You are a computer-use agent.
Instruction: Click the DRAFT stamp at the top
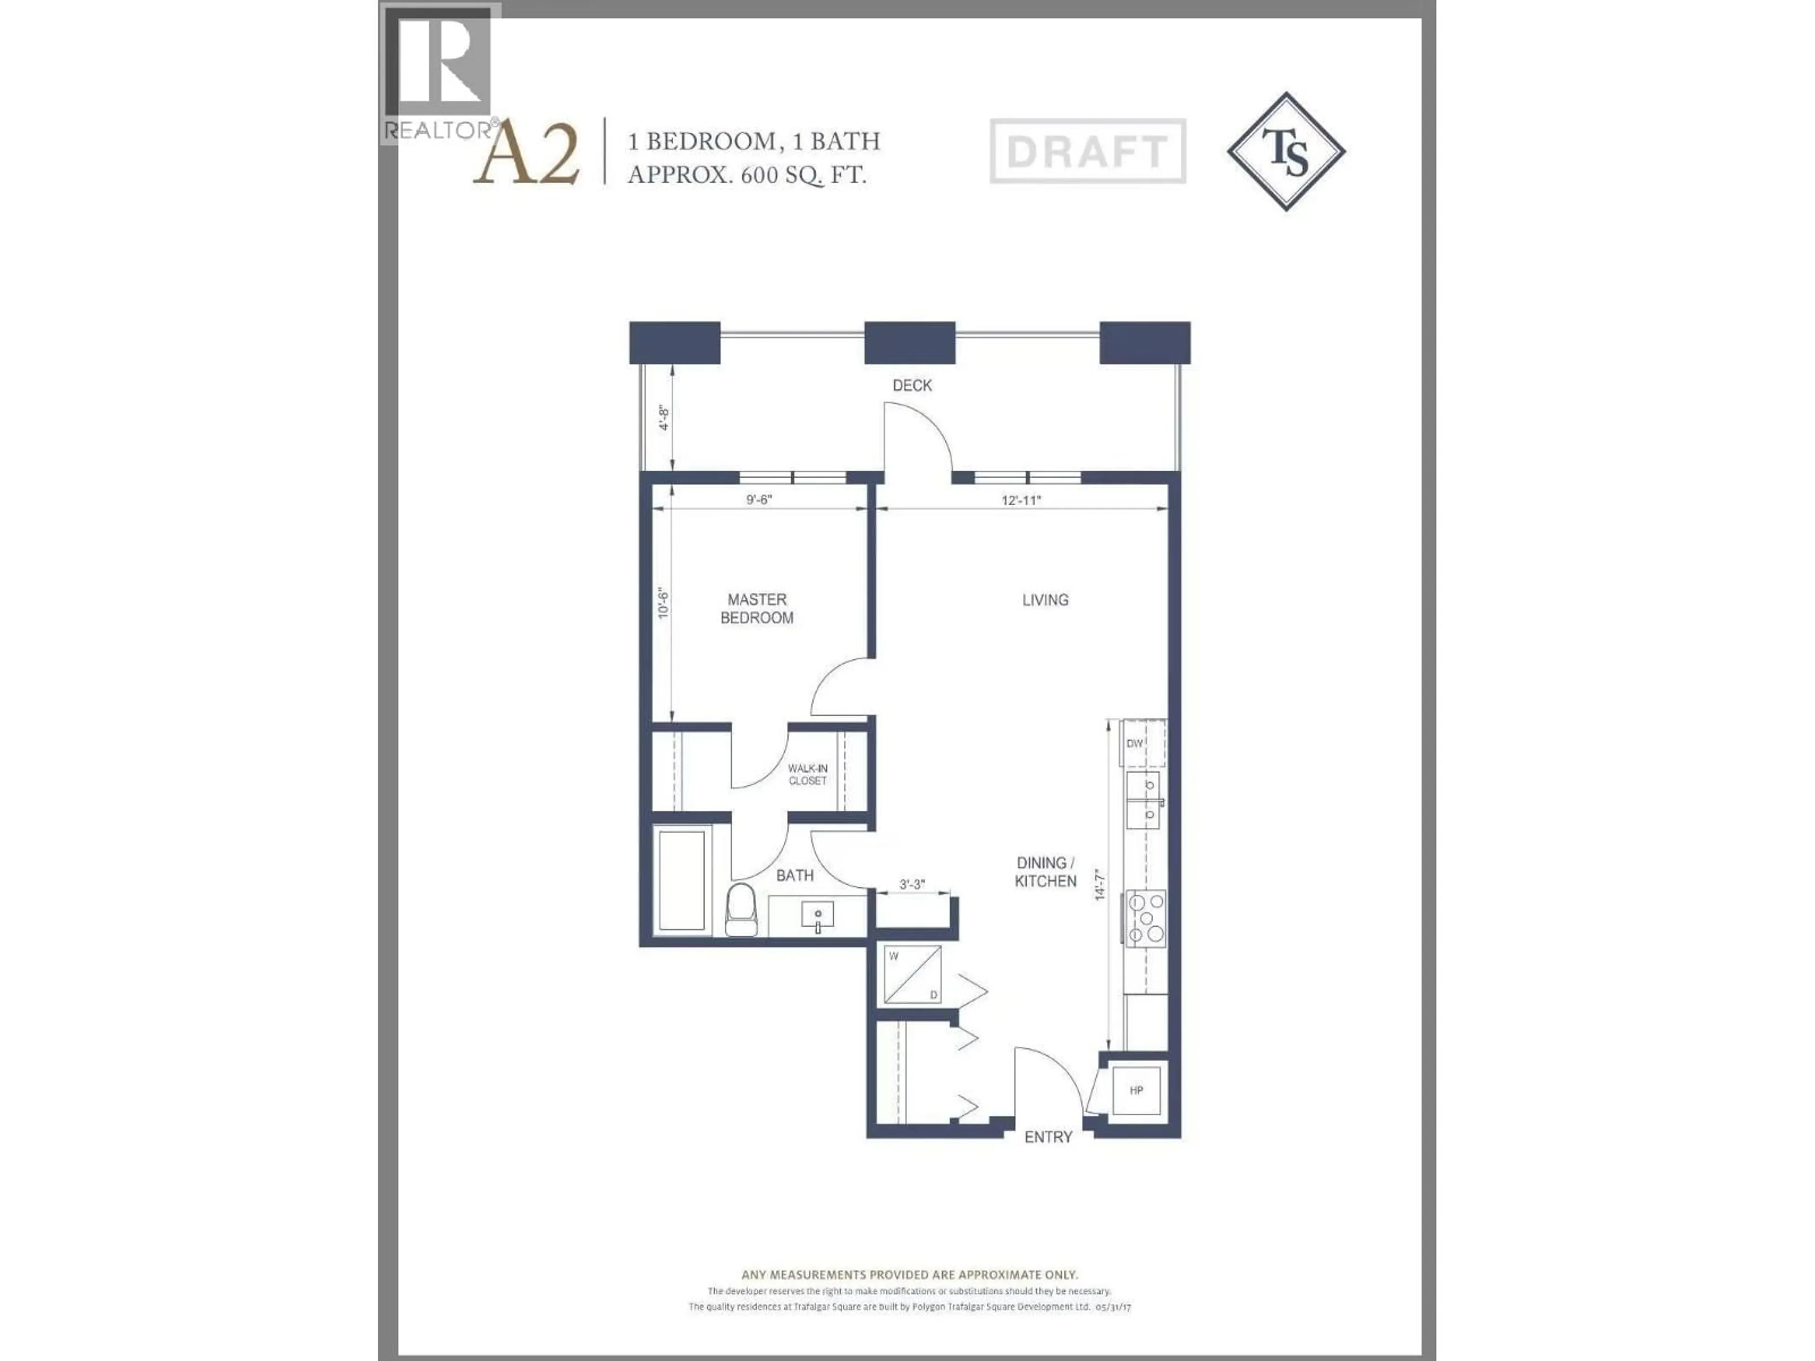click(1087, 151)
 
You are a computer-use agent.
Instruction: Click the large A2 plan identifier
click(527, 154)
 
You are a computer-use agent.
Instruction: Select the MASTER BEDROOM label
click(757, 609)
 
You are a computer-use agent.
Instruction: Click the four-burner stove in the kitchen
click(1145, 918)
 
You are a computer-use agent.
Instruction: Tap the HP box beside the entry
click(1136, 1090)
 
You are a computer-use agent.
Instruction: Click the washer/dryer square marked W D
click(912, 974)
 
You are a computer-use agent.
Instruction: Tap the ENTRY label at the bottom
click(1048, 1137)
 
